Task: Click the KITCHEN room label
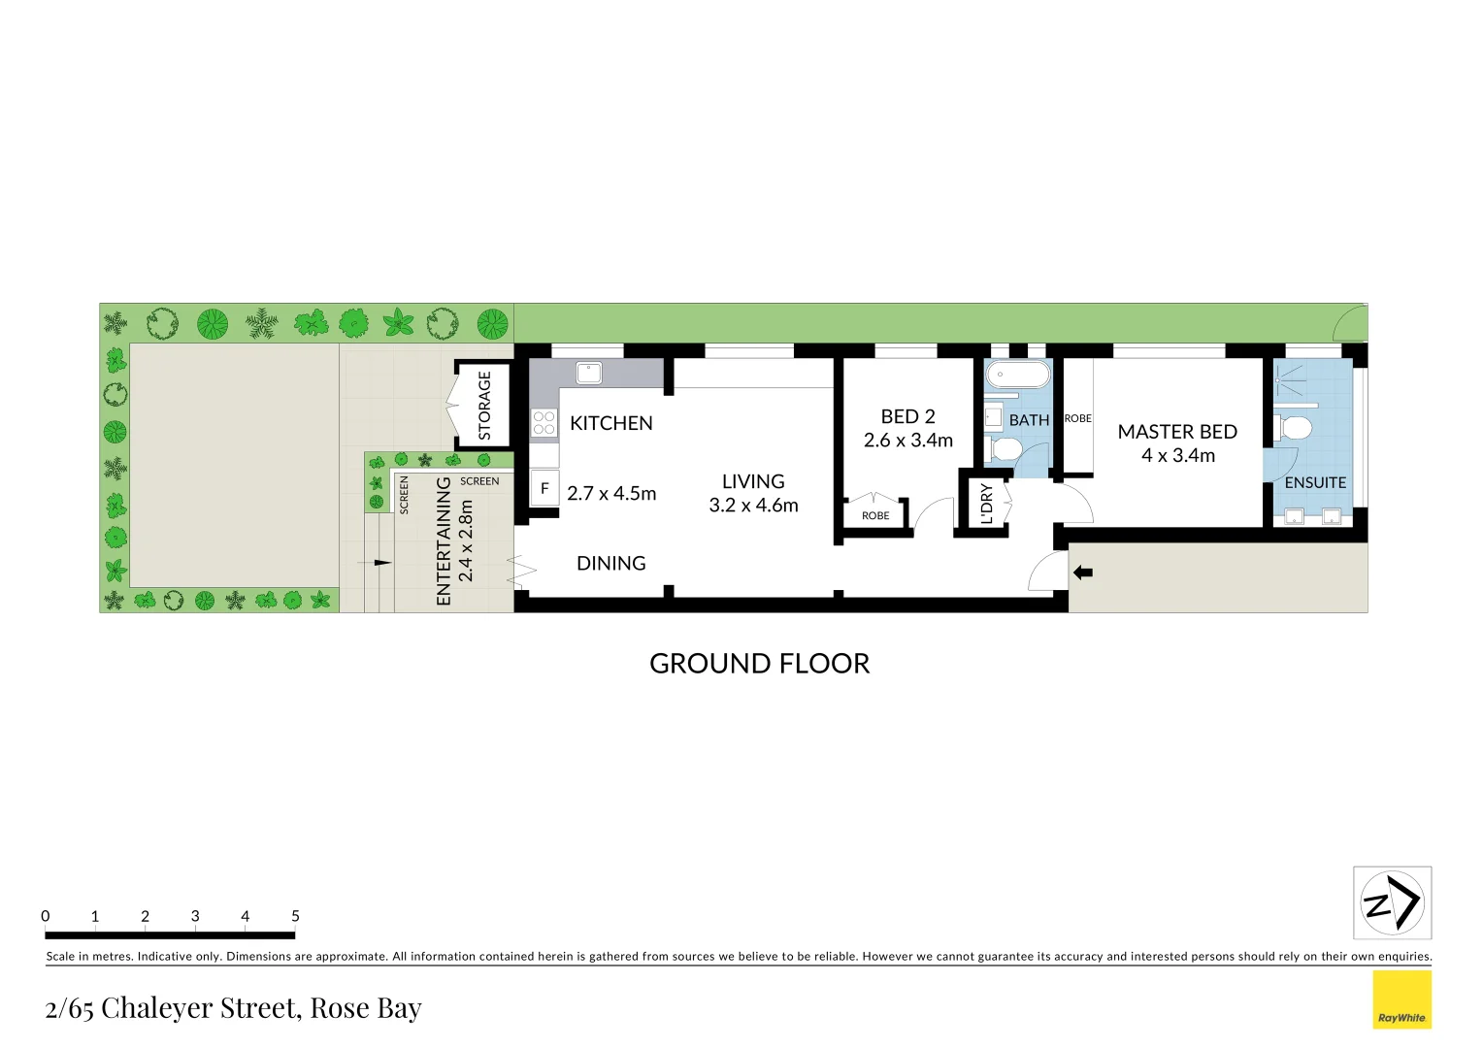click(610, 423)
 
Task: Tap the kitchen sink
click(588, 373)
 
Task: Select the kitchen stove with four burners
click(544, 423)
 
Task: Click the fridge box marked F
click(544, 489)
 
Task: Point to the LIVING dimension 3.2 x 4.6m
click(753, 506)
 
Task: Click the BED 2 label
click(907, 416)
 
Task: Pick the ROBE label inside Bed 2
click(875, 516)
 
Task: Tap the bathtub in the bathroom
click(1018, 375)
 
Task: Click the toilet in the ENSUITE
click(1295, 428)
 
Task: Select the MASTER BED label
click(1176, 432)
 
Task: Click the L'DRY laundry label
click(987, 505)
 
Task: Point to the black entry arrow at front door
click(1083, 573)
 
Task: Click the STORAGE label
click(484, 406)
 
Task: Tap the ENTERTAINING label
click(445, 540)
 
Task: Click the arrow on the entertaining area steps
click(381, 562)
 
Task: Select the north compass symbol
click(1392, 902)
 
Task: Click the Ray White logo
click(1401, 999)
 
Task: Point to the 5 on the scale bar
click(295, 916)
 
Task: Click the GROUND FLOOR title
click(759, 664)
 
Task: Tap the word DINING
click(610, 564)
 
